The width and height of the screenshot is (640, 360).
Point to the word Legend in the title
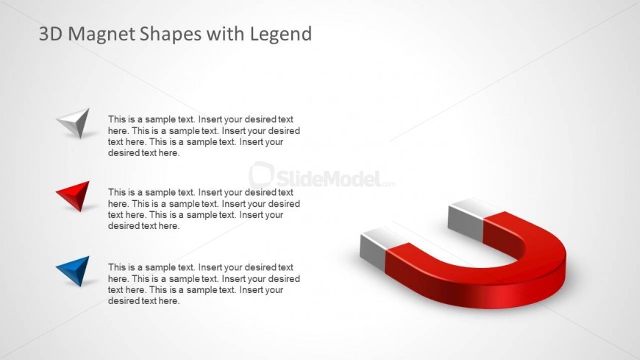[281, 35]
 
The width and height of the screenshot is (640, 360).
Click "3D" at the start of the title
[51, 34]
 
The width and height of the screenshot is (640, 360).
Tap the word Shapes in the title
[171, 35]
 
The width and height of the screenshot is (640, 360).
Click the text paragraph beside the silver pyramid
[204, 136]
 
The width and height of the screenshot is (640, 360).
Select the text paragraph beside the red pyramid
[204, 209]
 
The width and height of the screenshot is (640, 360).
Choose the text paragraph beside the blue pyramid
[204, 284]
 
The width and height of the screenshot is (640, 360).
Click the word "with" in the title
[226, 34]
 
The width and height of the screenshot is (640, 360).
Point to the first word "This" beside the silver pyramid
[117, 119]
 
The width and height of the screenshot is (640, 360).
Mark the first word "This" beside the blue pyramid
[117, 267]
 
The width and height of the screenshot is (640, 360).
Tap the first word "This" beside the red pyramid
[117, 192]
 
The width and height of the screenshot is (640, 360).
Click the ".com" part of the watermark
[388, 184]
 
